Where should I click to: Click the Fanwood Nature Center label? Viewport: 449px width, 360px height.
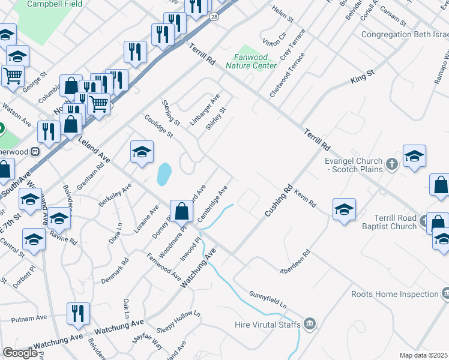[x=252, y=62]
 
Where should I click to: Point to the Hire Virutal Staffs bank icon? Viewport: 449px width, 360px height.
[x=309, y=324]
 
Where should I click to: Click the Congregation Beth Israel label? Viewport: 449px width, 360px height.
[x=405, y=34]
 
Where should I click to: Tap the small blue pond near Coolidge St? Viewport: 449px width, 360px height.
[x=163, y=175]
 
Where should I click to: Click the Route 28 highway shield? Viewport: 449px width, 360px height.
[x=214, y=17]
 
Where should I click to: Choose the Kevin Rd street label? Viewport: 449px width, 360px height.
[x=305, y=198]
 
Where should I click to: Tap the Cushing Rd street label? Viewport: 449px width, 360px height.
[x=278, y=200]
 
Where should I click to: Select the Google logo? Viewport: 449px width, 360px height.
[x=20, y=353]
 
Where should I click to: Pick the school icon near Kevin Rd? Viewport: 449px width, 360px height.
[x=344, y=209]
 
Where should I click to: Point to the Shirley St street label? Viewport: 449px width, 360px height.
[x=215, y=118]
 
